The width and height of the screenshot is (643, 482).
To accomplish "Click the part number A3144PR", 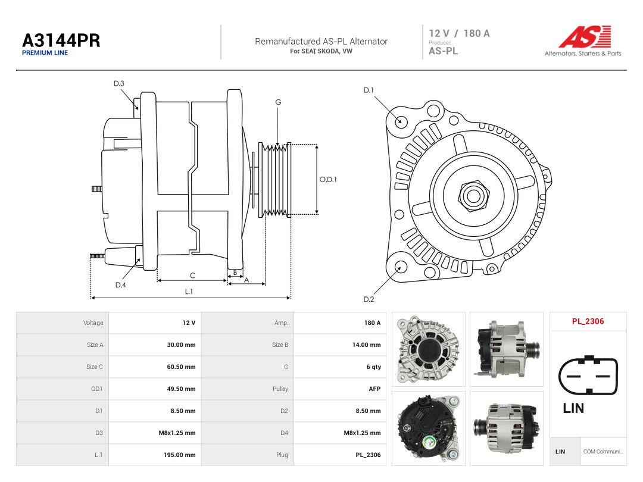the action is (x=61, y=40).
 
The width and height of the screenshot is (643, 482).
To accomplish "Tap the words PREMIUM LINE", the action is (x=45, y=53).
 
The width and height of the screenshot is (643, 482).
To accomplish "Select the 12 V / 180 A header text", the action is (x=459, y=33).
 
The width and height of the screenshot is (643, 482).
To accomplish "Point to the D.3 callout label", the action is (x=119, y=84).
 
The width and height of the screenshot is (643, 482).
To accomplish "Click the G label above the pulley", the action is (x=278, y=102).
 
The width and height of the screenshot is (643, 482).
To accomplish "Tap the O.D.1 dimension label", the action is (x=328, y=180).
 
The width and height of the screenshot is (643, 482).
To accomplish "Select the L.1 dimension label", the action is (x=189, y=292).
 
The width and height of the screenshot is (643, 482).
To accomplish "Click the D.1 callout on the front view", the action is (x=369, y=90).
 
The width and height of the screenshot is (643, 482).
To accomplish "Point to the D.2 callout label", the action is (x=369, y=299).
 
